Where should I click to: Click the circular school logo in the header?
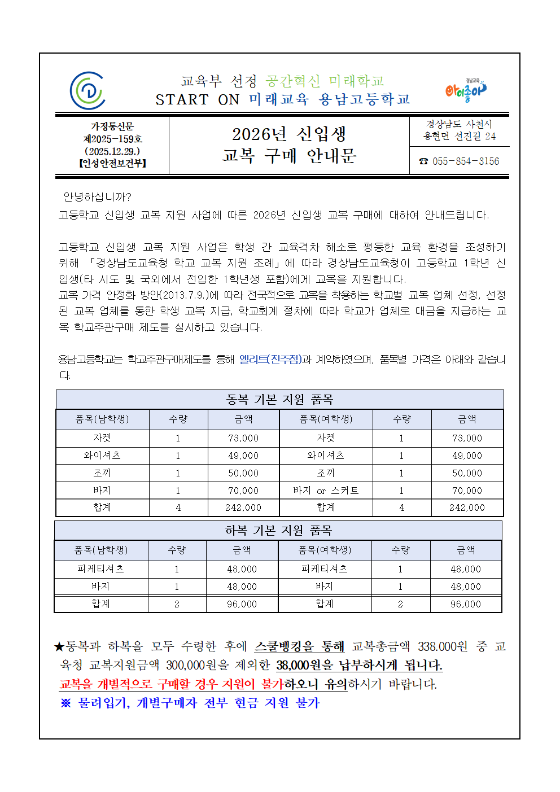coord(88,90)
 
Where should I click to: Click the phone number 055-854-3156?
coord(465,161)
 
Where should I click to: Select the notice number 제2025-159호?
coord(113,139)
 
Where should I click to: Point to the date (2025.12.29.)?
coord(113,151)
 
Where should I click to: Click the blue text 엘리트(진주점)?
coord(270,359)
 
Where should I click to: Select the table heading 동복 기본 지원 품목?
coord(279,400)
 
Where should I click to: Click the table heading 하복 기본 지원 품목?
coord(278,530)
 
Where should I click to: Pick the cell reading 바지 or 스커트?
coord(326,491)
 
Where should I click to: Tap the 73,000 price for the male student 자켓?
coord(243,438)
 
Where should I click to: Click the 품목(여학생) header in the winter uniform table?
coord(326,419)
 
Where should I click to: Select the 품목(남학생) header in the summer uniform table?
coord(101,550)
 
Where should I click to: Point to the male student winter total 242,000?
coord(243,507)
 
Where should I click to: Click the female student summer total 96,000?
coord(466,604)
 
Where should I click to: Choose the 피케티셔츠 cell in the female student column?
coord(325,569)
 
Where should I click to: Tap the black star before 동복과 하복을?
coord(59,647)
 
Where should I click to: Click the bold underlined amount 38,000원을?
coord(304,666)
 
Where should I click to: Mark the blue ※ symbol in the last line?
coord(66,703)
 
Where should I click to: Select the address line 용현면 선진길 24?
coord(460,136)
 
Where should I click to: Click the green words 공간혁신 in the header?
coord(293,81)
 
